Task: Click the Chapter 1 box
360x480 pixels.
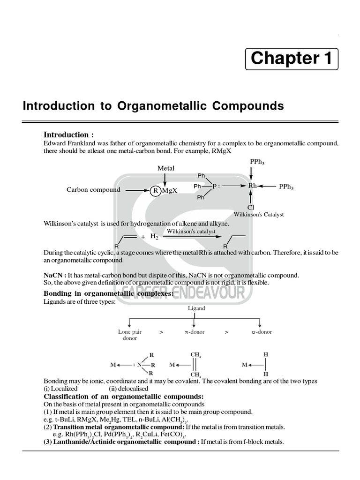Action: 292,58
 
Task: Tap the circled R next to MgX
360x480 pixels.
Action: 155,190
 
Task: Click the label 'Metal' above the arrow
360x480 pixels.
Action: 166,168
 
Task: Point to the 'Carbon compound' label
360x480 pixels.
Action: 93,190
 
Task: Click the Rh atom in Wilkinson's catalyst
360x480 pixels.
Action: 252,186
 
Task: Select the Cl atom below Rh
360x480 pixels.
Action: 251,207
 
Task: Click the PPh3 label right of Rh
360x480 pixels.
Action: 286,187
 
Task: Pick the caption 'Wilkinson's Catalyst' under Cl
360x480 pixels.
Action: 259,215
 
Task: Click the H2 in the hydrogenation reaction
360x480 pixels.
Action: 154,236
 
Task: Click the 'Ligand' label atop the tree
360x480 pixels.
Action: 196,308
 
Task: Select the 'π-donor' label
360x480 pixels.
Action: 195,332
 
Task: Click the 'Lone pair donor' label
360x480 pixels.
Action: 130,335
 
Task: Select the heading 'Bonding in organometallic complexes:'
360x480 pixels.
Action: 108,293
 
